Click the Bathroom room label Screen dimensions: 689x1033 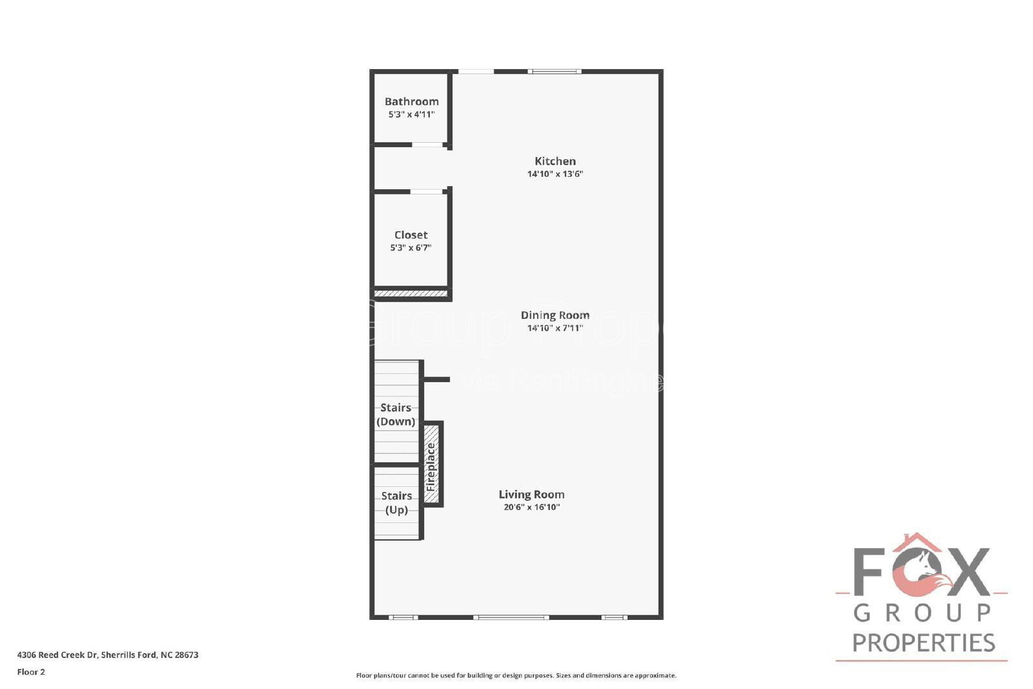tap(411, 101)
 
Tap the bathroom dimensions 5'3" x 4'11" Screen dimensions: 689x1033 tap(411, 114)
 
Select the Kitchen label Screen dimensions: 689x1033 tap(555, 161)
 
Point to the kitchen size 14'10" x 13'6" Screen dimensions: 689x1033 tap(555, 174)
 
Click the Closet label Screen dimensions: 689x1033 tap(411, 235)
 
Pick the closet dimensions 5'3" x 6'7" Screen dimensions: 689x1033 tap(411, 247)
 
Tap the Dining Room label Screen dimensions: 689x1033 tap(555, 315)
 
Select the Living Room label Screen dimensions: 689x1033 tap(531, 495)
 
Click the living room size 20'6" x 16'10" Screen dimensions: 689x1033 tap(531, 507)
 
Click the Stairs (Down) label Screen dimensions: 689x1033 tap(396, 415)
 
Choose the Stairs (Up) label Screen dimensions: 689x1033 tap(396, 502)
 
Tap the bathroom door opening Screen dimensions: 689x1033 tap(427, 145)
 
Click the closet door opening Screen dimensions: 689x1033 tap(426, 191)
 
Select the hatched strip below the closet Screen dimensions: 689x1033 tap(411, 294)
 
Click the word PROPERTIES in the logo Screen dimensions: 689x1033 tap(923, 643)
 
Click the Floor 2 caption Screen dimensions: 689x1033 tap(31, 672)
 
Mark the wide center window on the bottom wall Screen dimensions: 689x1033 tap(511, 617)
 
